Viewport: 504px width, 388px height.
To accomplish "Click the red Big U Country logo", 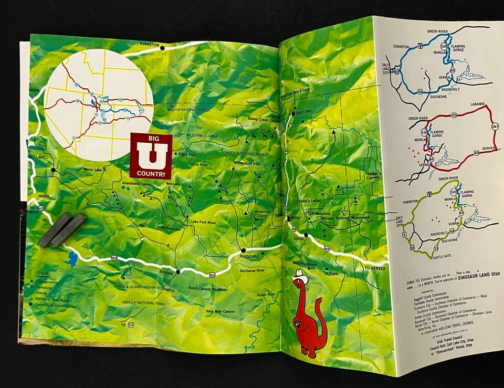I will click(151, 155).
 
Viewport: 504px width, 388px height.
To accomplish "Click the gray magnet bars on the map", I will click(62, 229).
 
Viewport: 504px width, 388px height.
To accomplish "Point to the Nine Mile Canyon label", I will click(220, 311).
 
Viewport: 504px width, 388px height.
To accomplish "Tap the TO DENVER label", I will click(374, 268).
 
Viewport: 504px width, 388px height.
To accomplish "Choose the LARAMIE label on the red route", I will click(467, 104).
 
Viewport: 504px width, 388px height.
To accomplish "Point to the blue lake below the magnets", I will click(71, 258).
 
